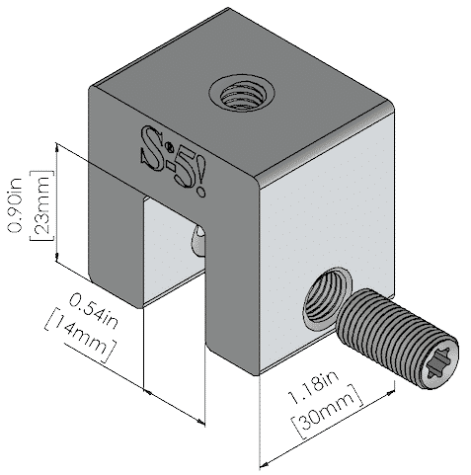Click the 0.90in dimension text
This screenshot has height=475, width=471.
15,204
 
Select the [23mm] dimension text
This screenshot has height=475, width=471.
41,205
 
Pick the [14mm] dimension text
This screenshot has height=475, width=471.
80,334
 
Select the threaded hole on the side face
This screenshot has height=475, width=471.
326,299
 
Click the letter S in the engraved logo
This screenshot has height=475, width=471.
153,148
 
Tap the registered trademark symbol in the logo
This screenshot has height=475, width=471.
170,145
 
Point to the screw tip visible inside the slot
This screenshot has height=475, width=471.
197,241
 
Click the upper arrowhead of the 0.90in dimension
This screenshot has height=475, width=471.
57,147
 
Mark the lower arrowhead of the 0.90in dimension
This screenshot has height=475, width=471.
57,258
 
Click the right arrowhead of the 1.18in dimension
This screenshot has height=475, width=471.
391,392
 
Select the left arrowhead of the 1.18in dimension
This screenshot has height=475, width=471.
264,465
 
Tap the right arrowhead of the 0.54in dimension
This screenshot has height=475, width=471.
200,422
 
